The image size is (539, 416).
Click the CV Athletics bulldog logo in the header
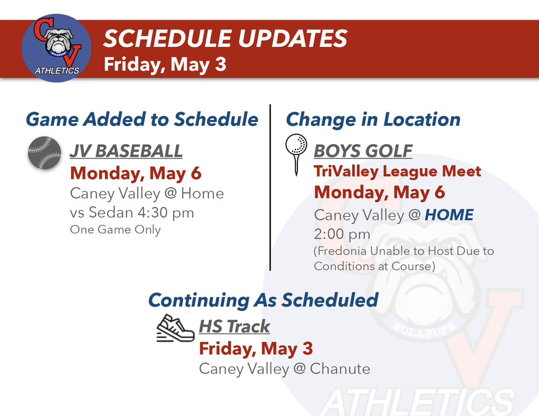(56, 48)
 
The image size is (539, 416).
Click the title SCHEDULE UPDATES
(225, 39)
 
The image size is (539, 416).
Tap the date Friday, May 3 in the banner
(165, 64)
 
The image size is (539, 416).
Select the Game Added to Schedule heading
(142, 119)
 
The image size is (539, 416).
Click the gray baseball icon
(44, 153)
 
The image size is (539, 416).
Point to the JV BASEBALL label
(126, 151)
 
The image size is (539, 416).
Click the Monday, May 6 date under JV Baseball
(135, 173)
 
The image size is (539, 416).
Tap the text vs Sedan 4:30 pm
(132, 213)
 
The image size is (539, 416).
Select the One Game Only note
(115, 230)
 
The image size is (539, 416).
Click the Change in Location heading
(373, 119)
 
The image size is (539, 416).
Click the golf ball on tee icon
(296, 153)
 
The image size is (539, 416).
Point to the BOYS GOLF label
(363, 151)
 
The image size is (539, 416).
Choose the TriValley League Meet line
(397, 171)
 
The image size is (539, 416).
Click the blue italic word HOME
(449, 215)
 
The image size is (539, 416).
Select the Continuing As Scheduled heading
(263, 300)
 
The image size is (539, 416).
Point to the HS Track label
(234, 327)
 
